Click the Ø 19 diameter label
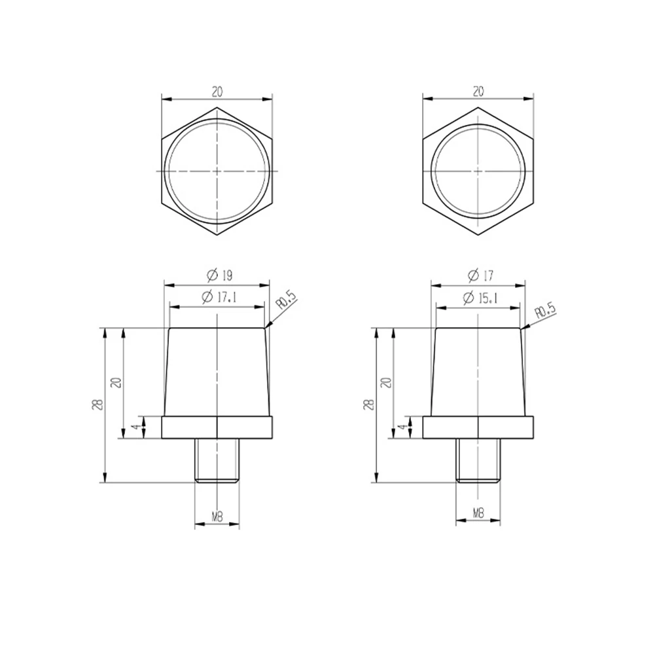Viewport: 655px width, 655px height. pyautogui.click(x=220, y=275)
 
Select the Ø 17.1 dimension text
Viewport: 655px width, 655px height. pyautogui.click(x=219, y=297)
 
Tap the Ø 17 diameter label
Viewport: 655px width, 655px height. pyautogui.click(x=480, y=275)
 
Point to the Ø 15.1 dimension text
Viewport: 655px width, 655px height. pyautogui.click(x=480, y=298)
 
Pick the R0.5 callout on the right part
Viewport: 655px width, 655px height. pyautogui.click(x=546, y=311)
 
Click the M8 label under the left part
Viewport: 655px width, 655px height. pyautogui.click(x=217, y=517)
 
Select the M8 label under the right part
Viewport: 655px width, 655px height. pyautogui.click(x=478, y=514)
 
